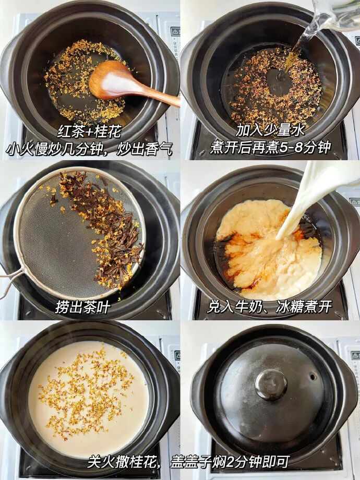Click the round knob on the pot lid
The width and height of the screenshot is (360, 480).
270,385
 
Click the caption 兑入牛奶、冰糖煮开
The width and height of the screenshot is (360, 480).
269,306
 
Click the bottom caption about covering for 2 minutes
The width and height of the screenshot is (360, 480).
188,461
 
